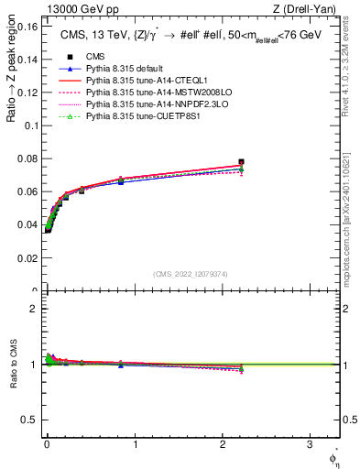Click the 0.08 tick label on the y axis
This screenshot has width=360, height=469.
click(27, 159)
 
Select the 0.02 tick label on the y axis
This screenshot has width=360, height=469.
click(27, 259)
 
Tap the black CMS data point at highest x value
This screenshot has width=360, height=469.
click(241, 162)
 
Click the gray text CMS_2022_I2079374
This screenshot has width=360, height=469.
click(191, 273)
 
